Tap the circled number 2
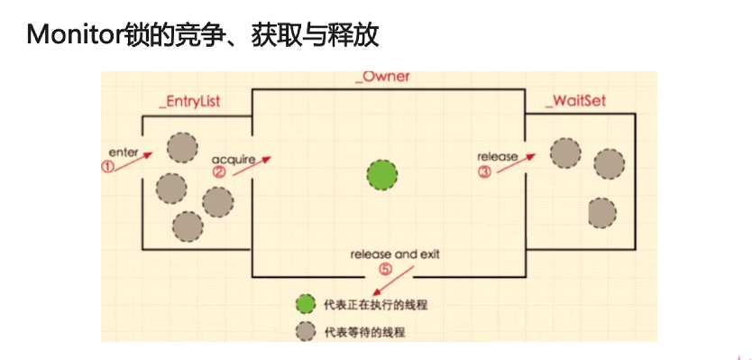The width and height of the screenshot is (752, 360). [219, 171]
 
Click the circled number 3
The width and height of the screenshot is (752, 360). [485, 171]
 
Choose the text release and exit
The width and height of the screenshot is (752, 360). [396, 254]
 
